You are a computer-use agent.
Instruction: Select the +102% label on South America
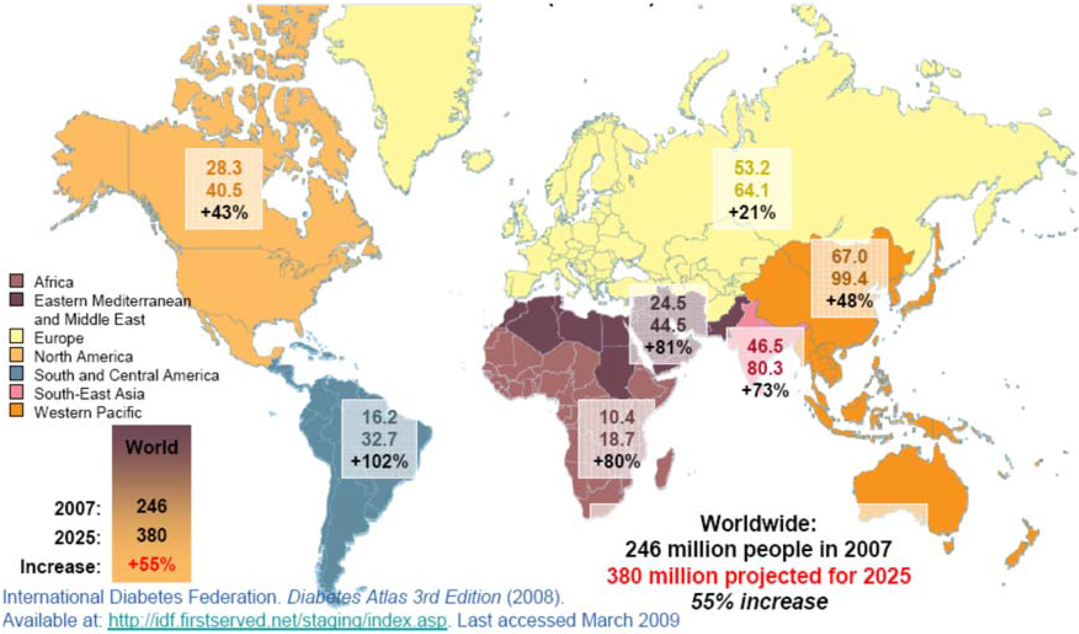click(379, 461)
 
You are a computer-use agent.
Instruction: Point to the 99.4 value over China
click(849, 279)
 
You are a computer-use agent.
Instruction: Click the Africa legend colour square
click(16, 281)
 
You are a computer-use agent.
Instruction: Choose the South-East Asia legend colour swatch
click(16, 393)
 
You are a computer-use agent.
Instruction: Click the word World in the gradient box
click(152, 447)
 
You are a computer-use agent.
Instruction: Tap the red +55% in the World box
click(152, 565)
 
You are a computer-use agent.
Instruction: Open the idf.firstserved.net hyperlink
click(278, 620)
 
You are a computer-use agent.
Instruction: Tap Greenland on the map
click(407, 86)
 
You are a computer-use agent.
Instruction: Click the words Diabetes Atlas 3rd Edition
click(394, 597)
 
